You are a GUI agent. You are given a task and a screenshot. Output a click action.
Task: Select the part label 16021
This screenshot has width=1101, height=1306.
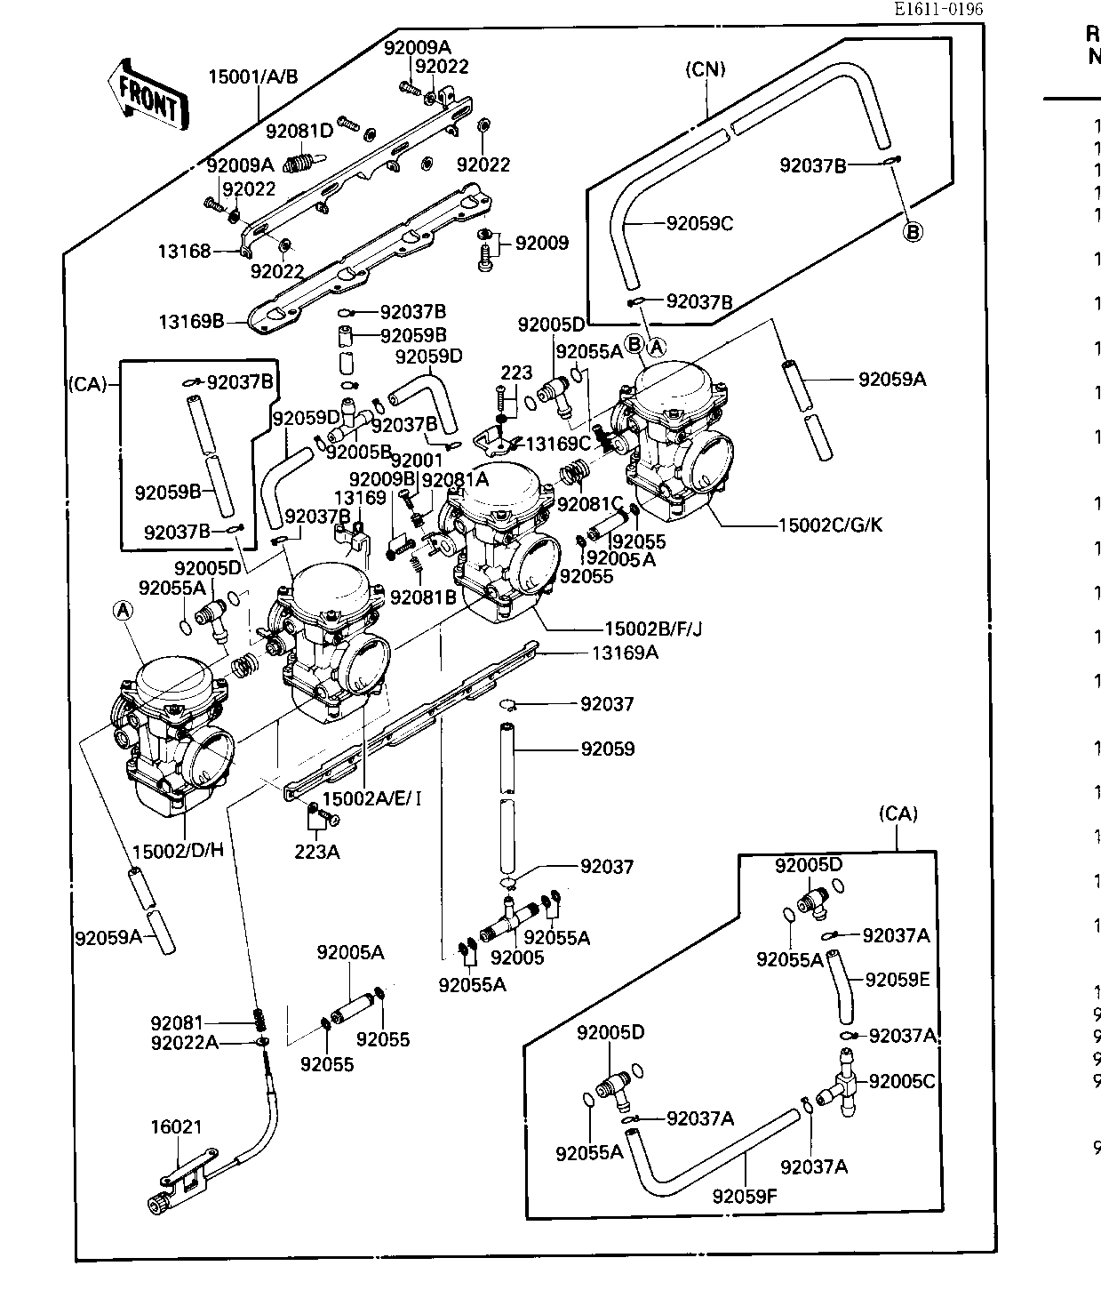(x=176, y=1127)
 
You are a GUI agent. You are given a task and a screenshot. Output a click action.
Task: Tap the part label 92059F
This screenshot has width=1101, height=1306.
(x=745, y=1196)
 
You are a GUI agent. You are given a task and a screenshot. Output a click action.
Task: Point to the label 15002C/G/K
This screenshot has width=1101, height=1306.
(x=831, y=525)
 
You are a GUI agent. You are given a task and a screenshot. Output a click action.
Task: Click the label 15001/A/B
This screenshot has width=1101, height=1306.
(x=253, y=76)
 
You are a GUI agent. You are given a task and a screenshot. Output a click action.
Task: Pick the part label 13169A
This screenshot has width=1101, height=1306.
(x=626, y=653)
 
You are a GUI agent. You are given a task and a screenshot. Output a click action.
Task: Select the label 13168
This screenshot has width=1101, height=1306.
(x=185, y=252)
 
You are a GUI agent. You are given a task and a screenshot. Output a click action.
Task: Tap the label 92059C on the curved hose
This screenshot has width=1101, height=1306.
(x=699, y=224)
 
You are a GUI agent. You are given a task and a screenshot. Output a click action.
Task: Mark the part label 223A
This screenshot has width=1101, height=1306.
(x=317, y=852)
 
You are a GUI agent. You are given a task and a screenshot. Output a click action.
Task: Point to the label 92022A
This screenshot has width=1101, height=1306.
(x=184, y=1042)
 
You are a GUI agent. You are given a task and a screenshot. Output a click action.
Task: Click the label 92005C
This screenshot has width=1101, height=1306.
(x=902, y=1081)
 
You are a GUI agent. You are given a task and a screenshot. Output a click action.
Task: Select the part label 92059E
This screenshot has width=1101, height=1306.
(x=897, y=980)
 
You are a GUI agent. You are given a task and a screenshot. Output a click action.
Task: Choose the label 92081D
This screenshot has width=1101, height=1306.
(x=299, y=132)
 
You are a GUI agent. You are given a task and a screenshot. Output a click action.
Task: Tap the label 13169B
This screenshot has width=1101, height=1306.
(x=191, y=321)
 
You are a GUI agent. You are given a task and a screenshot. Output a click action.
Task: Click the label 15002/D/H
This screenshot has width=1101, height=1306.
(x=178, y=849)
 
